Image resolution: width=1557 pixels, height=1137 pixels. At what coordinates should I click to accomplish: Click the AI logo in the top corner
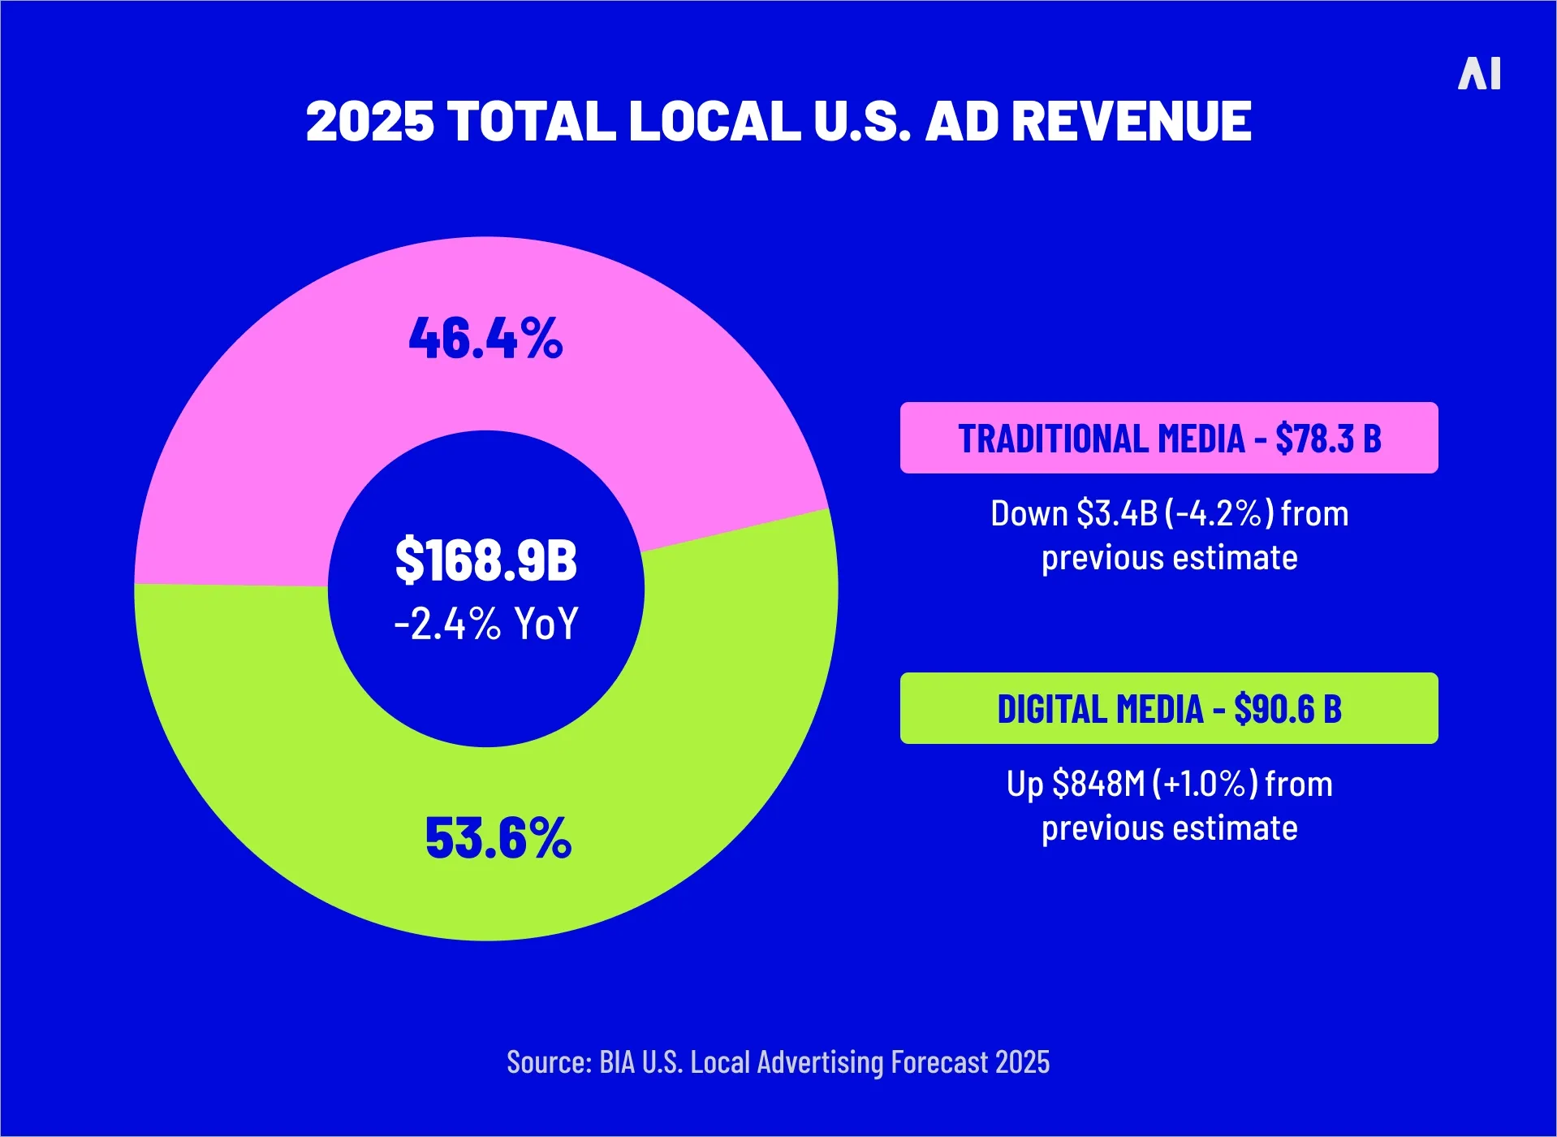point(1479,74)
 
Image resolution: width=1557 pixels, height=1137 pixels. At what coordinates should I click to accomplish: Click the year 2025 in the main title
point(370,122)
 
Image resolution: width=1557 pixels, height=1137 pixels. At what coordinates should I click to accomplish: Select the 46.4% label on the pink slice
point(485,338)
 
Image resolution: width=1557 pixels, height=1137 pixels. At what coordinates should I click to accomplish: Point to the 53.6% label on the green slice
point(498,838)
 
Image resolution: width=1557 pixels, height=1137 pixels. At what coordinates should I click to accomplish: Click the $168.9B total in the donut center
point(485,560)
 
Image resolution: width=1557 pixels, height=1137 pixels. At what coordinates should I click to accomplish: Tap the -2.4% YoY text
point(485,624)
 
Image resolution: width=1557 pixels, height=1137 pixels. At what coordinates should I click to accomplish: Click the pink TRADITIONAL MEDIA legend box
point(1168,438)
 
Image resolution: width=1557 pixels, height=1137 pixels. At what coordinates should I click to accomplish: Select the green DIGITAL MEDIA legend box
point(1168,708)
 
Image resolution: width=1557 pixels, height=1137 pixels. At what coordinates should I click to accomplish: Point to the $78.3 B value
point(1328,439)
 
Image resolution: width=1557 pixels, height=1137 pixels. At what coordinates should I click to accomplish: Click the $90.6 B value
point(1287,709)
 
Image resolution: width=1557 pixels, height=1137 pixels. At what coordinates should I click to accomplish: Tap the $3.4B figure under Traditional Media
point(1116,514)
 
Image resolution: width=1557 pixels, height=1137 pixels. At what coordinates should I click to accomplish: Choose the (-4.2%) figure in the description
point(1219,514)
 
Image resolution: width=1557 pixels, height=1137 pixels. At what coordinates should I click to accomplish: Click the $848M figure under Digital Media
point(1098,785)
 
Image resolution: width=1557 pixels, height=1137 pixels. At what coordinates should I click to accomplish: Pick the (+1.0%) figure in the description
point(1205,785)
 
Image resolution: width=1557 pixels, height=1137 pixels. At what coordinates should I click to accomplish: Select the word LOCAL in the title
point(714,122)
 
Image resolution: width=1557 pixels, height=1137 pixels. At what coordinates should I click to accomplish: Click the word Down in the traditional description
point(1029,514)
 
